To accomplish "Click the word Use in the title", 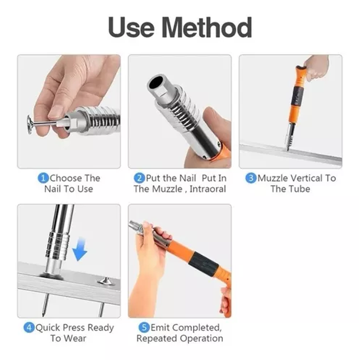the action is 131,27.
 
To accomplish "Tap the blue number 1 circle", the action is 43,178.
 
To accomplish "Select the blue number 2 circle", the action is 140,178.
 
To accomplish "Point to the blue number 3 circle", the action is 251,178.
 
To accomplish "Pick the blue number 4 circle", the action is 29,327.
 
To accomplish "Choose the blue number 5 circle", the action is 144,327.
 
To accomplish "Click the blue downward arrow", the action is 80,249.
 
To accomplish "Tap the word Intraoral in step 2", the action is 208,189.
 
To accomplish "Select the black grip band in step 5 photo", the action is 203,264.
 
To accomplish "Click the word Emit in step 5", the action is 160,327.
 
